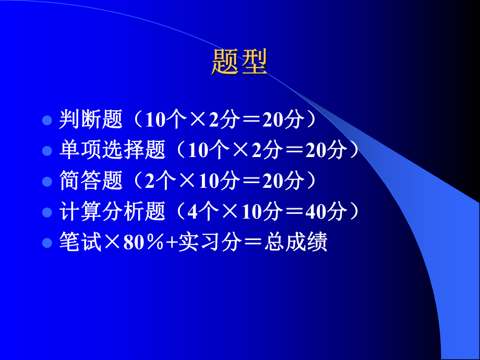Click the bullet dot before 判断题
tap(47, 121)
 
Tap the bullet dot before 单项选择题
tap(47, 151)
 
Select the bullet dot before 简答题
tap(47, 182)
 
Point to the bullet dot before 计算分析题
tap(47, 213)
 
